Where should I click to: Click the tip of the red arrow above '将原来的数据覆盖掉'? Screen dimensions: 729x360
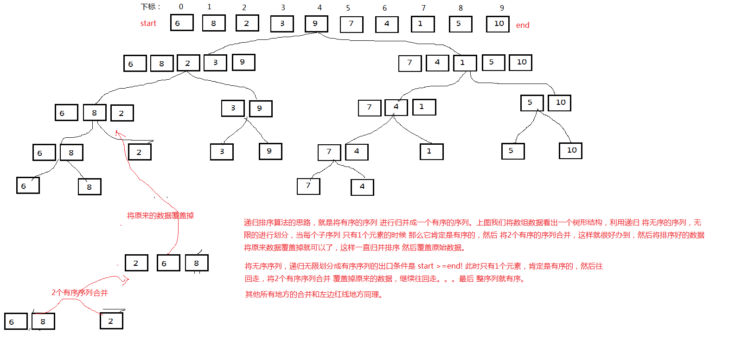pyautogui.click(x=116, y=131)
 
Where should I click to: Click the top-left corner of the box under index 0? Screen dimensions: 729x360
pyautogui.click(x=171, y=15)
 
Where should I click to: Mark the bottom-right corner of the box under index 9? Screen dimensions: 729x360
pyautogui.click(x=509, y=32)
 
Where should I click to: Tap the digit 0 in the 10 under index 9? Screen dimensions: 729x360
pyautogui.click(x=501, y=24)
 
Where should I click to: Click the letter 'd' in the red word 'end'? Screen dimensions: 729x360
pyautogui.click(x=527, y=25)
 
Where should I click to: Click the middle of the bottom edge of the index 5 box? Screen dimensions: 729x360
pyautogui.click(x=352, y=32)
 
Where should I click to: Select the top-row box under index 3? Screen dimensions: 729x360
pyautogui.click(x=282, y=24)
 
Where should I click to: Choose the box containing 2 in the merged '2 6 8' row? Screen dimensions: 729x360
pyautogui.click(x=137, y=263)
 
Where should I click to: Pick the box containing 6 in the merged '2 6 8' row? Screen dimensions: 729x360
pyautogui.click(x=168, y=263)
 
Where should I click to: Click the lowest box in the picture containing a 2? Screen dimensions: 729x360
pyautogui.click(x=111, y=321)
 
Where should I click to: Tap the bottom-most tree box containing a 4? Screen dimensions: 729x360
pyautogui.click(x=362, y=187)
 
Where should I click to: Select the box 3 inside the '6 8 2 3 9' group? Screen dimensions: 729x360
pyautogui.click(x=215, y=63)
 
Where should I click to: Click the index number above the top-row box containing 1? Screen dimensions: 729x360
pyautogui.click(x=423, y=8)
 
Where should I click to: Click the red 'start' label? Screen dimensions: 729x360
pyautogui.click(x=148, y=24)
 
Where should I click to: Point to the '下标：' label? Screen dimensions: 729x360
pyautogui.click(x=151, y=7)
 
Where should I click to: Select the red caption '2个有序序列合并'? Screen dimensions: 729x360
pyautogui.click(x=80, y=293)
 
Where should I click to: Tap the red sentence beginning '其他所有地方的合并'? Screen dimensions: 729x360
pyautogui.click(x=314, y=295)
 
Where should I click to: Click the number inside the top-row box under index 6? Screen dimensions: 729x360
pyautogui.click(x=387, y=24)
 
